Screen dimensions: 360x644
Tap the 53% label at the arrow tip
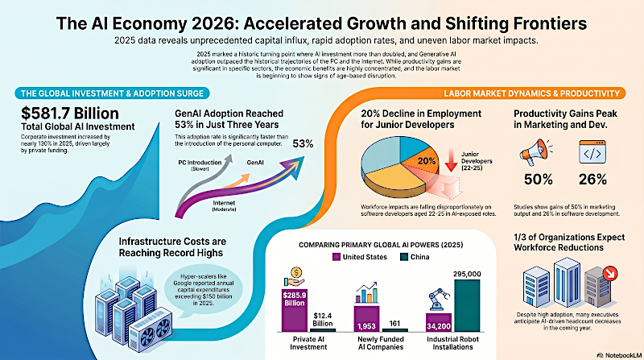pos(303,144)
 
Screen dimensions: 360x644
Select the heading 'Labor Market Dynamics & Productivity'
pos(531,93)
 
